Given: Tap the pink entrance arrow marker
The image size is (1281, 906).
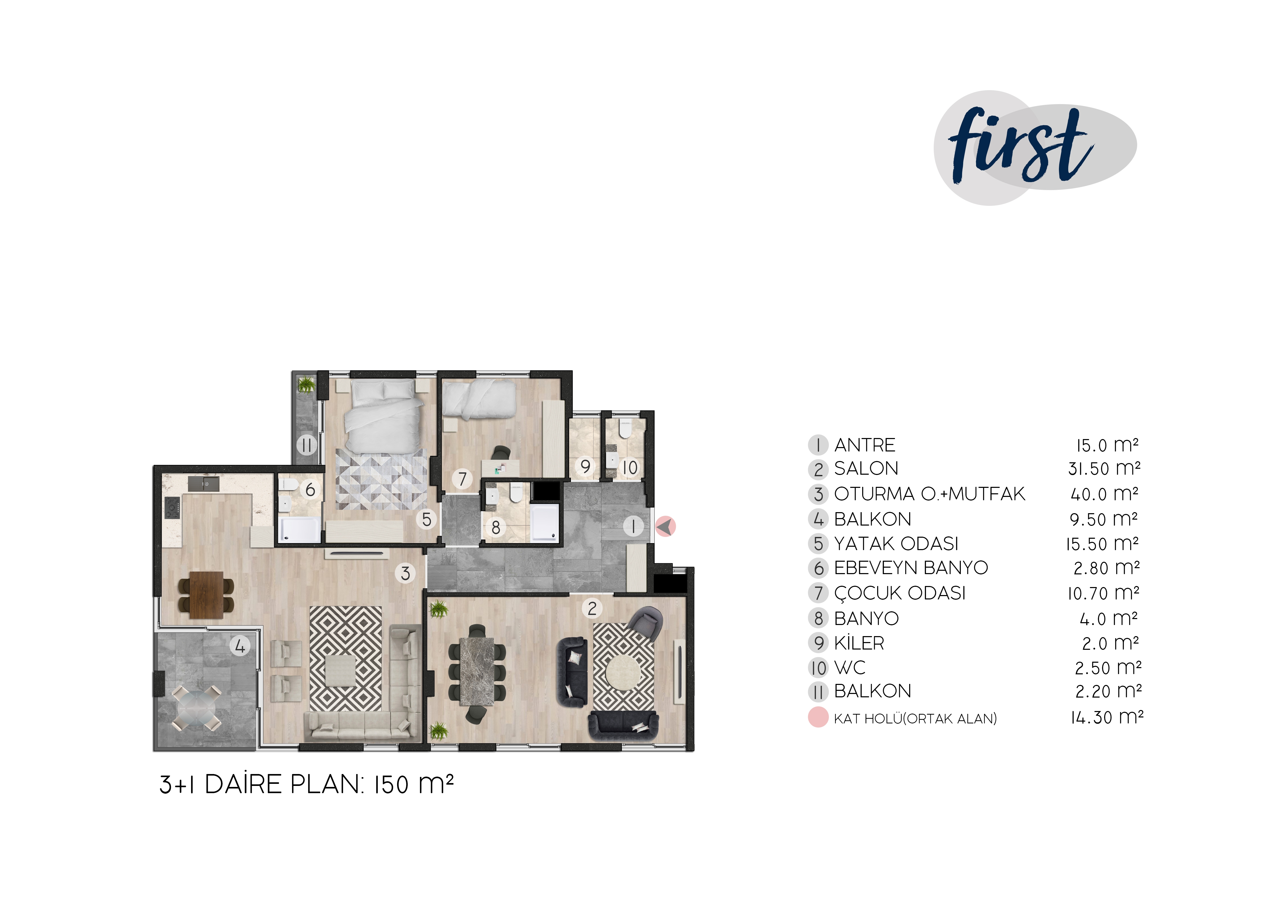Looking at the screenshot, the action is (665, 526).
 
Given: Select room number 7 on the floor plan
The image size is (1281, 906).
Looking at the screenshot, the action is (462, 479).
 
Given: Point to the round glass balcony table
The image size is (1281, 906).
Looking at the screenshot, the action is (197, 708).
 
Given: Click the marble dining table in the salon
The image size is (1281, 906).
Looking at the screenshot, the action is (477, 671).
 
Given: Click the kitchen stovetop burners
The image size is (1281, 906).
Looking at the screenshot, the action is (172, 508).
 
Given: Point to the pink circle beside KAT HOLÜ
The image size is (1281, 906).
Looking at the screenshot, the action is (818, 717).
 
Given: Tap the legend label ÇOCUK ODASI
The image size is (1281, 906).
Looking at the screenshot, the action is (899, 593).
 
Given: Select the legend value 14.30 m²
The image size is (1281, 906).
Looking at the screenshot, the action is (1106, 717).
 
